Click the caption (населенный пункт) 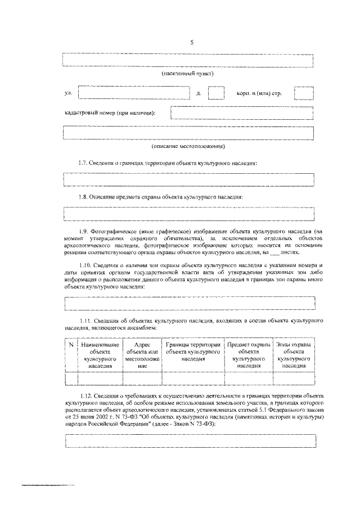188,74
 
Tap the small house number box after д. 215,93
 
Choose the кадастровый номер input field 241,113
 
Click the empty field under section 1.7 188,179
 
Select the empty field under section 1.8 188,214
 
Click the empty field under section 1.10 188,303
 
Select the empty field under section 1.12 188,441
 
